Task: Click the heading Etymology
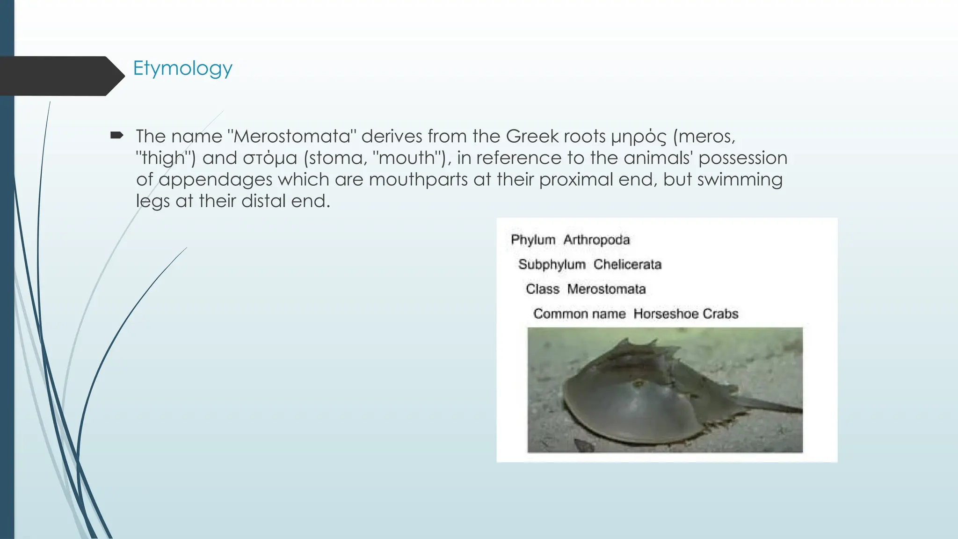(x=182, y=69)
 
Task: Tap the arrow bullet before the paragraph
(x=116, y=136)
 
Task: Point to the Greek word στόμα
(x=270, y=158)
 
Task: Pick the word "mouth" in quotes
(x=406, y=158)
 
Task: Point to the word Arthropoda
(x=596, y=240)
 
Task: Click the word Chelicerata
(x=627, y=265)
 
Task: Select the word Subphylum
(x=552, y=265)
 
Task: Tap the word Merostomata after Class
(x=606, y=289)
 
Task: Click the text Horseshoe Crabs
(x=686, y=314)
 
